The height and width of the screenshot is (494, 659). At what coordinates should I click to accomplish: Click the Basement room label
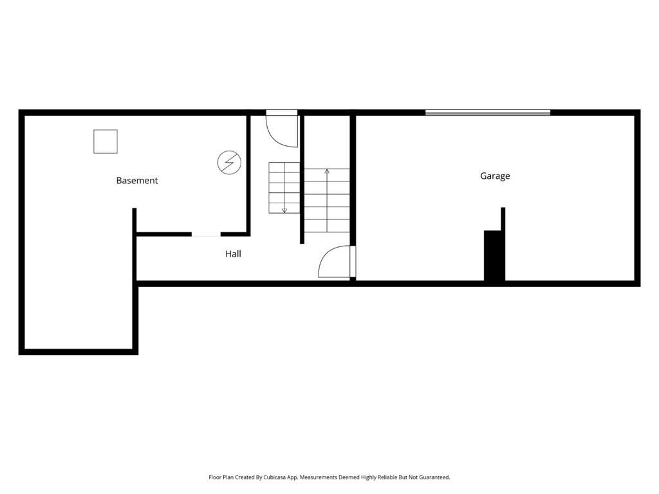coord(136,181)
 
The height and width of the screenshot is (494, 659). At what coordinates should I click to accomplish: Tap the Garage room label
coord(495,176)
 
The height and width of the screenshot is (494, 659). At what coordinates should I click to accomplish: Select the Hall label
coord(233,254)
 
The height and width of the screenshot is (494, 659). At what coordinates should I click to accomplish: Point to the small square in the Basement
coord(106,142)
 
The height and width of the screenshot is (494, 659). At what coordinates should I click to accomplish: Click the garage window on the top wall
coord(488,113)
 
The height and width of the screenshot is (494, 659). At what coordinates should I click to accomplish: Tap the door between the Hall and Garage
coord(336,262)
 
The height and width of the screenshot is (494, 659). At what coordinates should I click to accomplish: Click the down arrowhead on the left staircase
coord(284,210)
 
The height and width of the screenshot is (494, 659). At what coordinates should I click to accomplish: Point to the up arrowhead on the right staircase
coord(327,171)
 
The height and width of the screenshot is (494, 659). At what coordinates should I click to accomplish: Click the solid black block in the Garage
coord(493,255)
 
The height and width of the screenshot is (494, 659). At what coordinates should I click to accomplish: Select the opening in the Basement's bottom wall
coord(206,235)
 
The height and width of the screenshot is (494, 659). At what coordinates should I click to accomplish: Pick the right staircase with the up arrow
coord(327,201)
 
